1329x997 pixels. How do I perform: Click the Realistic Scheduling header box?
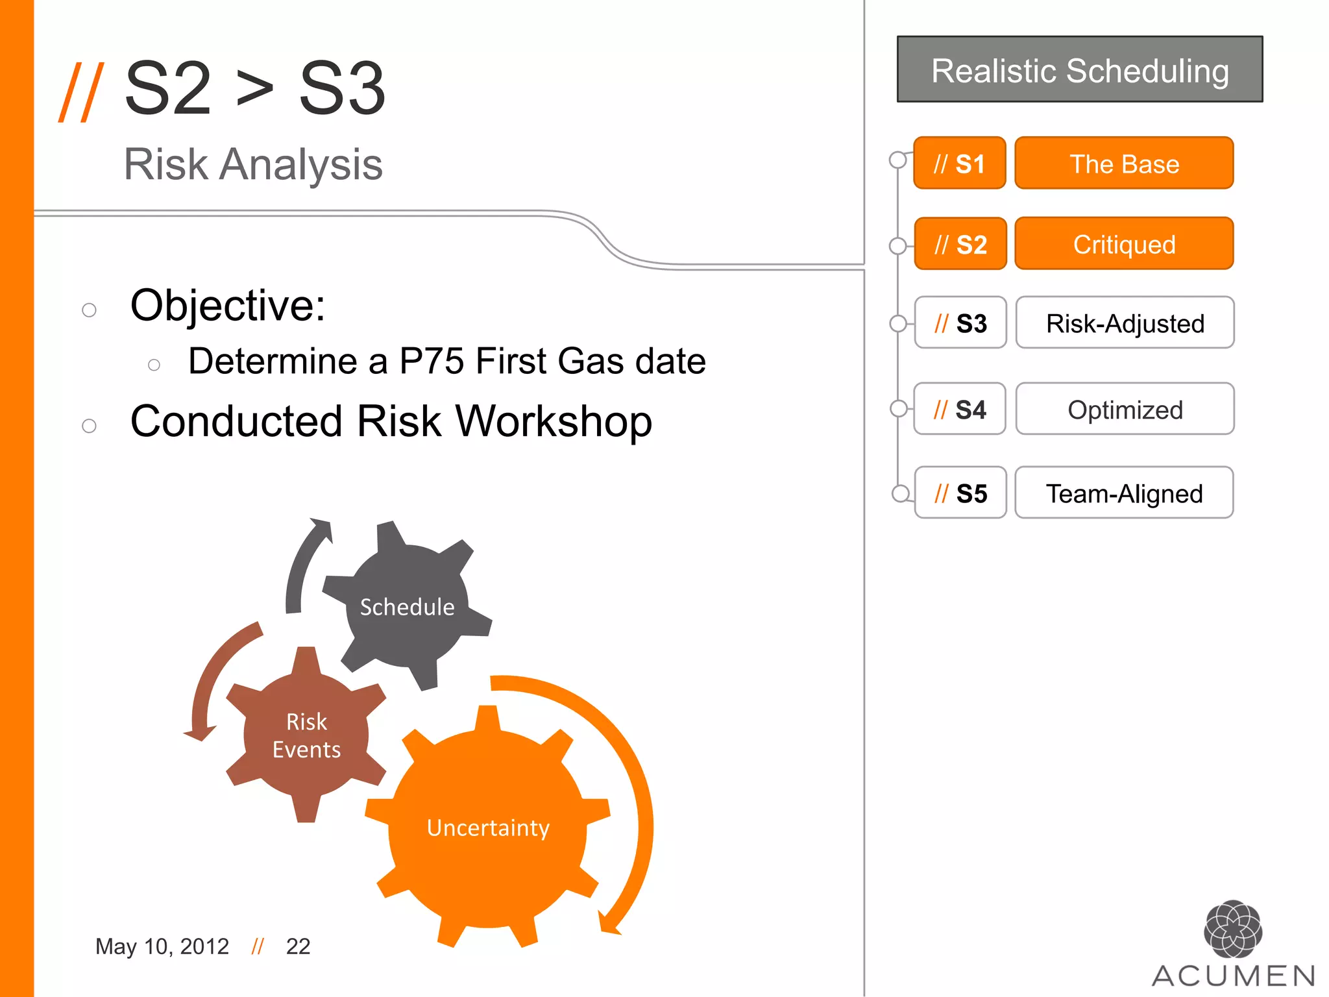click(x=1080, y=69)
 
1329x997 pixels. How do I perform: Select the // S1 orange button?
click(x=959, y=164)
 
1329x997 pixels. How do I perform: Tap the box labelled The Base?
click(x=1124, y=164)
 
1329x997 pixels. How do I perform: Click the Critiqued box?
click(x=1124, y=244)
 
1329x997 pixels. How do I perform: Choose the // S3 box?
click(x=960, y=323)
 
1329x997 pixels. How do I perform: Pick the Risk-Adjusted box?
click(x=1125, y=323)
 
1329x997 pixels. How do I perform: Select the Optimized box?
click(x=1125, y=410)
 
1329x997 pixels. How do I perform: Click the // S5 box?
click(x=960, y=493)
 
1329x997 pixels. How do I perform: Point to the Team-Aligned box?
click(x=1124, y=493)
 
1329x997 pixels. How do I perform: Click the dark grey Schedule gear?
click(x=407, y=606)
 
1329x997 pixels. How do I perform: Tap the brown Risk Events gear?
click(x=306, y=735)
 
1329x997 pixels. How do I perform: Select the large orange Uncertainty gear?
click(x=488, y=828)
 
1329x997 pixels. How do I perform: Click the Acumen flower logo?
click(x=1232, y=929)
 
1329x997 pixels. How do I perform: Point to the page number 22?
click(x=298, y=946)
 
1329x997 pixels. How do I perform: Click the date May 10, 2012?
click(x=162, y=946)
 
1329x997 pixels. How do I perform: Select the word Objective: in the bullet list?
click(x=228, y=305)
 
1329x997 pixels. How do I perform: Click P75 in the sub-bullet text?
click(x=432, y=361)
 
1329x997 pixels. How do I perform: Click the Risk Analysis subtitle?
click(x=253, y=164)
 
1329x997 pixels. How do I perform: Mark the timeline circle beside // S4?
click(x=899, y=408)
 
